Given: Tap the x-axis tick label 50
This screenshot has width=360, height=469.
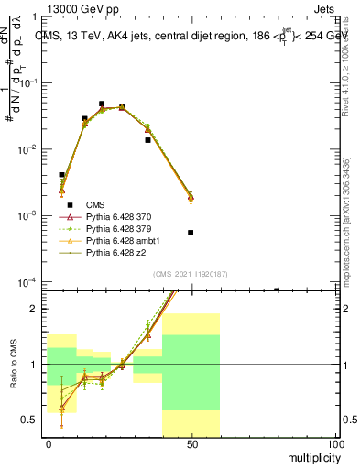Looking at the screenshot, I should (x=191, y=442).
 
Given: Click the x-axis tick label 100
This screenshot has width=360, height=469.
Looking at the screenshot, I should (x=335, y=442).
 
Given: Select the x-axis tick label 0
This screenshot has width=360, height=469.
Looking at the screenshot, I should (x=48, y=442).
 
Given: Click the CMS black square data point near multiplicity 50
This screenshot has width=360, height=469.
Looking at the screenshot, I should (x=191, y=233).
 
